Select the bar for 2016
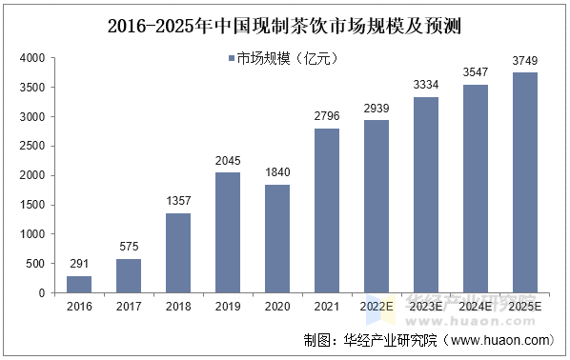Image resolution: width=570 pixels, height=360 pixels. pos(79,284)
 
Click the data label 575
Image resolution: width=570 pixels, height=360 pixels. pos(129,248)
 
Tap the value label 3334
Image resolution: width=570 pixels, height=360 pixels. pos(426,86)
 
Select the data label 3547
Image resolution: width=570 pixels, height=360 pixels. pos(476,73)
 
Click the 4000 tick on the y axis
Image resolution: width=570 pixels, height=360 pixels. pos(31,59)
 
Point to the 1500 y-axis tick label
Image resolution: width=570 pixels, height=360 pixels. pos(31,205)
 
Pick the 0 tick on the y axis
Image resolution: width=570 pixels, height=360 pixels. pos(42,293)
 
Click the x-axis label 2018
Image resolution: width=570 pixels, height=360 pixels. pos(178,306)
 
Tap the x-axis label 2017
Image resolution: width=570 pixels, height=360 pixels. pos(129,306)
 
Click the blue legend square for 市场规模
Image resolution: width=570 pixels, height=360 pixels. pos(233,59)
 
